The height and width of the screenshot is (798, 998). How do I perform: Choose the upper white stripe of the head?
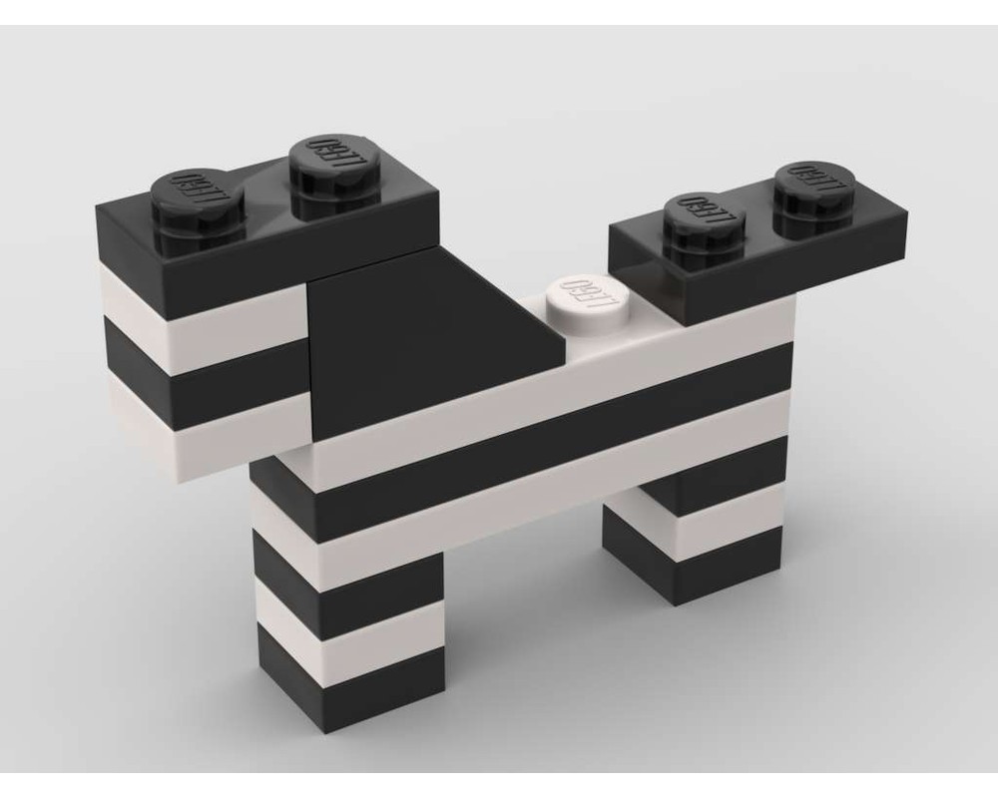pos(200,309)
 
